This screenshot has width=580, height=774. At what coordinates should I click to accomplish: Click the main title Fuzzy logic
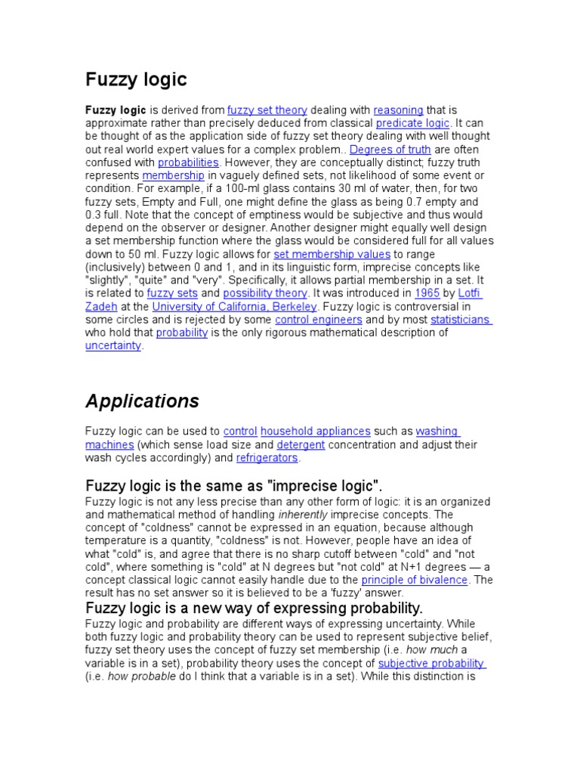coord(136,79)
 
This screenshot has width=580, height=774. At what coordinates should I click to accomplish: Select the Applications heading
coord(142,401)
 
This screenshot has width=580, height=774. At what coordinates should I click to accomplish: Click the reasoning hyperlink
coord(398,110)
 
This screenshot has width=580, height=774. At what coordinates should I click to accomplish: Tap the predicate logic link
coord(412,123)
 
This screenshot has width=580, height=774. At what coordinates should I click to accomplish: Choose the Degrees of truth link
coord(390,150)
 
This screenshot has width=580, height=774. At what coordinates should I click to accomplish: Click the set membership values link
coord(332,254)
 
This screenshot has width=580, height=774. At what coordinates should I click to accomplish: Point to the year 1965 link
coord(424,293)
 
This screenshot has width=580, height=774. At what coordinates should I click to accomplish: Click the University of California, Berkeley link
coord(236,306)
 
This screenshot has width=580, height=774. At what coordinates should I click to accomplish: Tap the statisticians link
coord(460,320)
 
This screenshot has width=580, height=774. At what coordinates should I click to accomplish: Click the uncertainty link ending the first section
coord(113,345)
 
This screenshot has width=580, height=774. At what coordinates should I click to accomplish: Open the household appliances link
coord(316,432)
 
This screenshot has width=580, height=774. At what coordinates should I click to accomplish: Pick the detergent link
coord(301,445)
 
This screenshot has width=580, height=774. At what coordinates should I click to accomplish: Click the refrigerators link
coord(267,458)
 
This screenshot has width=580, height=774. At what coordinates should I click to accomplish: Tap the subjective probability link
coord(431,664)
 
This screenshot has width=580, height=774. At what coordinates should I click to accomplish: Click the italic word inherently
coord(304,515)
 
